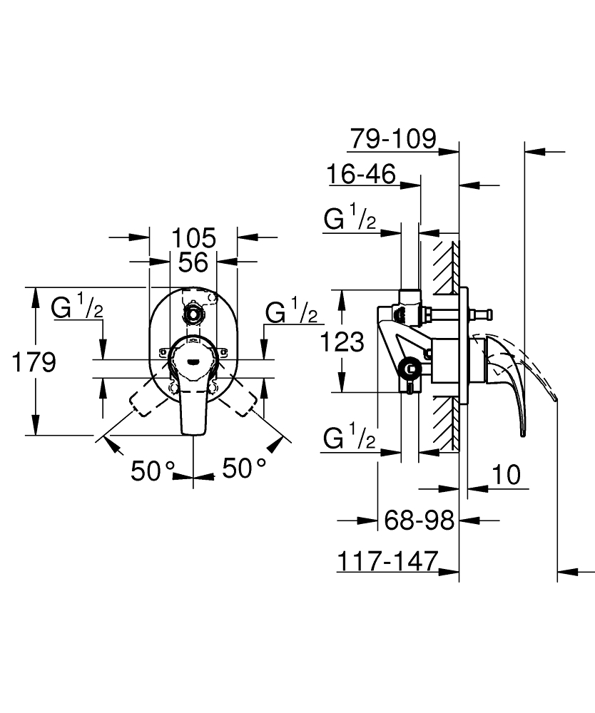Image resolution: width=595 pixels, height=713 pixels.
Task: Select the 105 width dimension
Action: [x=193, y=237]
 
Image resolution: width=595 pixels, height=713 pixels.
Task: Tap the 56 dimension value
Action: [x=193, y=262]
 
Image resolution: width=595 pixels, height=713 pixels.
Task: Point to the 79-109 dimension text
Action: [x=392, y=139]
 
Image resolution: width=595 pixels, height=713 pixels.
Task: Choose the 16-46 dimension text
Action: [x=362, y=173]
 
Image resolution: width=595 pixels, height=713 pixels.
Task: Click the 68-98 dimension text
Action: [x=419, y=520]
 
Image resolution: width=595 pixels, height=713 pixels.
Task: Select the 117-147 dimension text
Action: [x=386, y=561]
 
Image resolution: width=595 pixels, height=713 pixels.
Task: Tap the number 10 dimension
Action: [x=507, y=474]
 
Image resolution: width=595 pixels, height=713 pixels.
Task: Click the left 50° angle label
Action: [x=153, y=470]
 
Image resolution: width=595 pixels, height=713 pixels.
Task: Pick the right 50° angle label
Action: [x=244, y=468]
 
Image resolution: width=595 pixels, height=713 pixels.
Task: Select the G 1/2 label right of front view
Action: [x=291, y=312]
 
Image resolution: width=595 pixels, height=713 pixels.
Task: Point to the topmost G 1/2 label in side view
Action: [x=350, y=220]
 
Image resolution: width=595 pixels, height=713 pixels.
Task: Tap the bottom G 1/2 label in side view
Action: [x=350, y=438]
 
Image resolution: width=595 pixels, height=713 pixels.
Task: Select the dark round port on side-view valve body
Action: [x=408, y=369]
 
